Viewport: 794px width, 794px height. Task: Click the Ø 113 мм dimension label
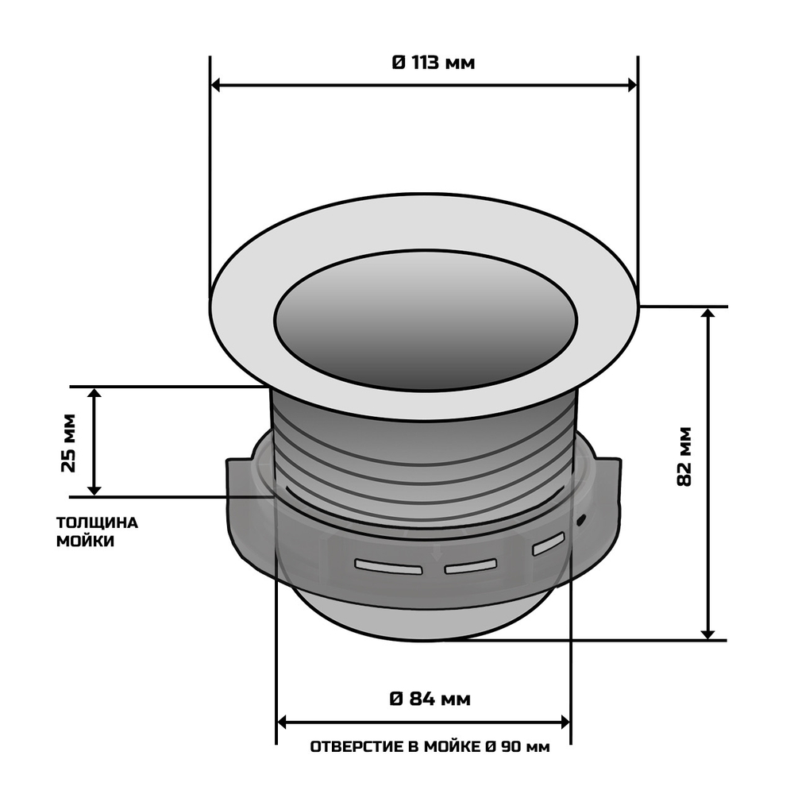434,63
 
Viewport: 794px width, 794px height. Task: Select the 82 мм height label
684,457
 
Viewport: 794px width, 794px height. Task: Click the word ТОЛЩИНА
96,522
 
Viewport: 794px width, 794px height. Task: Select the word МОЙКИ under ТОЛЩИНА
85,542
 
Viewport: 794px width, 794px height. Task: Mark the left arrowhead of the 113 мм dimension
215,85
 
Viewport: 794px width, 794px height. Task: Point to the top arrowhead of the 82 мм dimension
708,313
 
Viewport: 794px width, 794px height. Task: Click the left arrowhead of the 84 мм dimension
281,722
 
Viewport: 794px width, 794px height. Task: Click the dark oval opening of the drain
425,321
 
